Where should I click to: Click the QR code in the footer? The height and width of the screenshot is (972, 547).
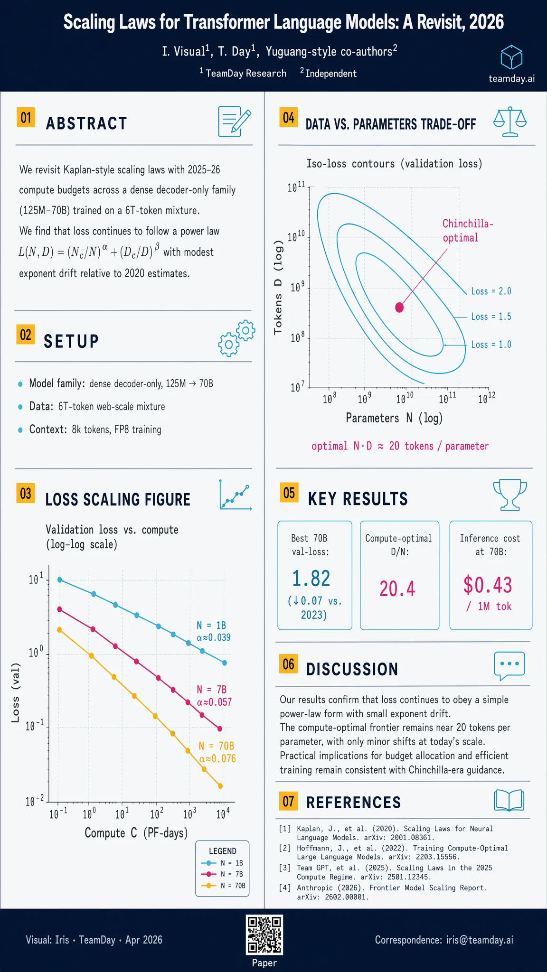coord(264,935)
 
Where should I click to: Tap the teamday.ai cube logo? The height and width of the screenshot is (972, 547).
coord(511,58)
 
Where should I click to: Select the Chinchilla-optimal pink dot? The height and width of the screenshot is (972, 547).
coord(399,308)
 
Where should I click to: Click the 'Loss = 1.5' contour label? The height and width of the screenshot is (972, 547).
coord(491,317)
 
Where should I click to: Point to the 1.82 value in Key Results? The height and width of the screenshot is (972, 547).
coord(311,579)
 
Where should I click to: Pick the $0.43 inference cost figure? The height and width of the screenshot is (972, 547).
coord(488,585)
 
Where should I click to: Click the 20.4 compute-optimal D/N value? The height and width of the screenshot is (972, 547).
coord(397,589)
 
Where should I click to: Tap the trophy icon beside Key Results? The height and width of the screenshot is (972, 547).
coord(510,495)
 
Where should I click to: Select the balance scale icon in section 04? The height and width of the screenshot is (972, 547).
coord(510,122)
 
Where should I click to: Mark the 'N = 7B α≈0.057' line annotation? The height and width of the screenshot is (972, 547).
coord(214,696)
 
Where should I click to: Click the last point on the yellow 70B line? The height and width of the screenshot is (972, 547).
coord(220,786)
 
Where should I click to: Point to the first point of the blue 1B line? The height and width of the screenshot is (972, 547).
coord(60,579)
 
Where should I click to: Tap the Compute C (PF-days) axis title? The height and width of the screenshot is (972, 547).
coord(136,833)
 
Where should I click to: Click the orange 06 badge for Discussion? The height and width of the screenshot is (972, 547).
coord(288,664)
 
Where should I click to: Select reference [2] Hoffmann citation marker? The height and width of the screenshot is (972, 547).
coord(285,848)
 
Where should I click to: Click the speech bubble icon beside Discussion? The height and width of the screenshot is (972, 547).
coord(509,665)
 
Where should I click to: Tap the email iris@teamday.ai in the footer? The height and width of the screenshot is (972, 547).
coord(480,940)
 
